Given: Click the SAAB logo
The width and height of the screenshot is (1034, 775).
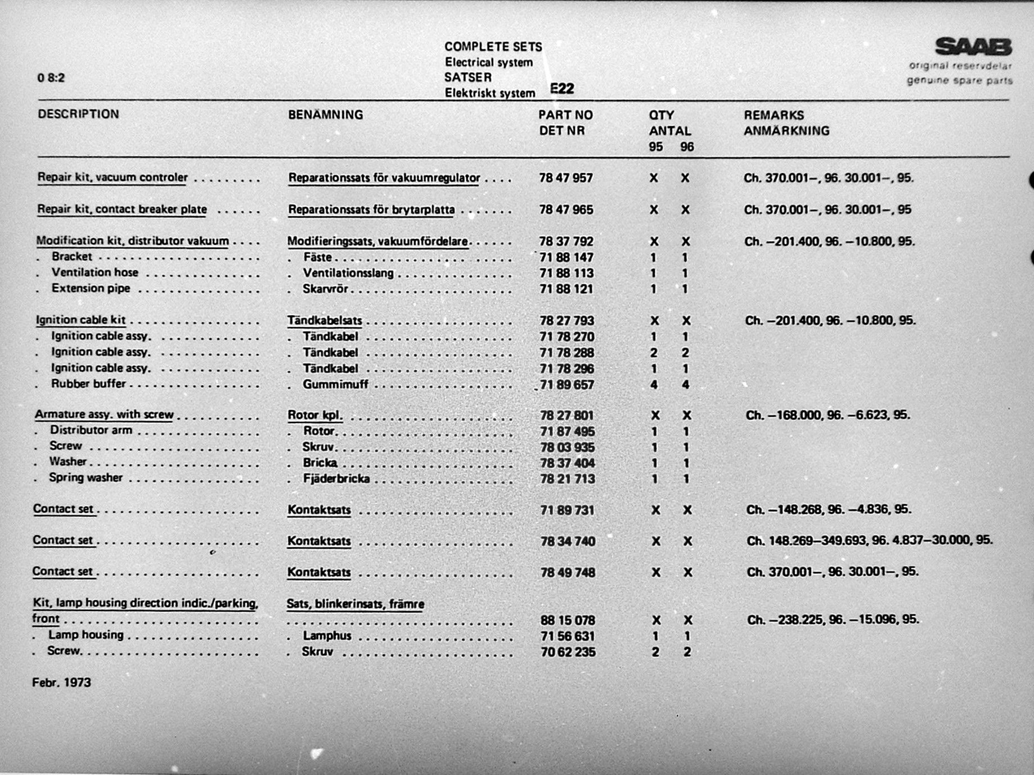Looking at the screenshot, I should [973, 47].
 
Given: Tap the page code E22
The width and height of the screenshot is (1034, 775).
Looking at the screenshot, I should [562, 88].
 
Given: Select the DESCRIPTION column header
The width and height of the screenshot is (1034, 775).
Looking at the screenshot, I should [78, 114].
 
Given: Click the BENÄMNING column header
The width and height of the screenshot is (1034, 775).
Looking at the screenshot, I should [325, 115].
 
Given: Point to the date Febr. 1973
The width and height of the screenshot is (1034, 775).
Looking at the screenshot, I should [61, 682].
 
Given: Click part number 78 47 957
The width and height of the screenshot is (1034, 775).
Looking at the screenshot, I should [565, 178].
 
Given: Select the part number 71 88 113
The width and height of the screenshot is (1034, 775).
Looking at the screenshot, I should [566, 273].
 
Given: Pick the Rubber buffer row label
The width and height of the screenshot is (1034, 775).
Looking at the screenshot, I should [88, 384].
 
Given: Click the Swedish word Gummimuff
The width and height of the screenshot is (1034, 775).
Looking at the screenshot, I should [335, 385].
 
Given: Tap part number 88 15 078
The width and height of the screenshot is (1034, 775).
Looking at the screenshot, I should [567, 621].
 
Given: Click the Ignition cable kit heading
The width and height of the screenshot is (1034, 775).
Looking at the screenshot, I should [80, 320].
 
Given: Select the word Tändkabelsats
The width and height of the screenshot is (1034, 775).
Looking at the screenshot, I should [324, 321].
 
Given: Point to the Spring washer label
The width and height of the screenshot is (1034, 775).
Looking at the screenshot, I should [85, 478].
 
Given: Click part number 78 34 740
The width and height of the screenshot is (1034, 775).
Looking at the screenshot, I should [567, 541].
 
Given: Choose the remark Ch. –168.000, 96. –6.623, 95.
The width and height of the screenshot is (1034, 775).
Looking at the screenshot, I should [827, 415].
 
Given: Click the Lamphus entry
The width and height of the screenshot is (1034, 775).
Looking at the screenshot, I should [326, 636].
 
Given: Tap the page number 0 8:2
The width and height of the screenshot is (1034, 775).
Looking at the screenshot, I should [51, 77].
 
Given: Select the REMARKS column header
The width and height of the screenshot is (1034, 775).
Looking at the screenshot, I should [773, 115].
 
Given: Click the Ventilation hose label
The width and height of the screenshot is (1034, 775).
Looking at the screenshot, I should [94, 272].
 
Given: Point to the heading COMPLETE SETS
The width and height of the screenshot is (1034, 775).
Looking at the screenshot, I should [493, 47].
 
